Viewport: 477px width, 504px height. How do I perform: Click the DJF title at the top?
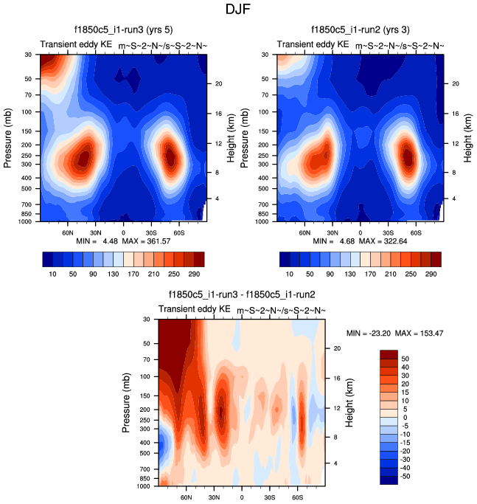point(238,10)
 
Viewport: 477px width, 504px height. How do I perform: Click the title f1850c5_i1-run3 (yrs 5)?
point(122,30)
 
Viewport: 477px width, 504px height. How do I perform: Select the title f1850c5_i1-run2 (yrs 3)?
point(360,30)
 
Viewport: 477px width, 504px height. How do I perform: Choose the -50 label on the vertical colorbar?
point(414,477)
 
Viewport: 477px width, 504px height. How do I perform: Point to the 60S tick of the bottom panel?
point(299,497)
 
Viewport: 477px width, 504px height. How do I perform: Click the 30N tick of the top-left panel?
point(94,232)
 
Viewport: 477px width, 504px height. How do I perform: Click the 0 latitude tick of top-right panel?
point(360,232)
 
